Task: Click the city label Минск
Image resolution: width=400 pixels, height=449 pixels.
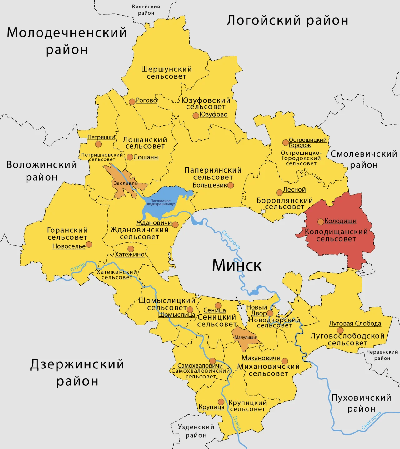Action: [x=237, y=266]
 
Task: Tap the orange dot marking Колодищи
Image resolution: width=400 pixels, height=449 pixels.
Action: [x=321, y=222]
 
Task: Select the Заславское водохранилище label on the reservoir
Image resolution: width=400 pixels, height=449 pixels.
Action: [x=161, y=203]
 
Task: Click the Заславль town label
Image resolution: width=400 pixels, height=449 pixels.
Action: [x=126, y=183]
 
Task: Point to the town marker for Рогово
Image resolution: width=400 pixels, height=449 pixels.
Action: [x=132, y=101]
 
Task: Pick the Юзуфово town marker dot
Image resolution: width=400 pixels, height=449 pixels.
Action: [x=196, y=115]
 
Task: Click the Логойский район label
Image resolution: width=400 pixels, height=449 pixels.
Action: [x=287, y=20]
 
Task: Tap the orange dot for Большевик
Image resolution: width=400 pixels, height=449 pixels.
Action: [x=231, y=185]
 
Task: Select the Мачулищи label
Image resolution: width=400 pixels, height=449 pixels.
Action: [x=245, y=337]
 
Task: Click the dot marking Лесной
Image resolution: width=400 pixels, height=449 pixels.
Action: [x=279, y=193]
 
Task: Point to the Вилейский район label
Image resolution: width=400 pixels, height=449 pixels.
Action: [x=146, y=10]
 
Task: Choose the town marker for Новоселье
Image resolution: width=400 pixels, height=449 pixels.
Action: [x=89, y=244]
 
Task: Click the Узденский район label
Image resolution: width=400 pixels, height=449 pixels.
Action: [x=196, y=431]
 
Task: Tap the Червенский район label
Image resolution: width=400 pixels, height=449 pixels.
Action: [x=382, y=355]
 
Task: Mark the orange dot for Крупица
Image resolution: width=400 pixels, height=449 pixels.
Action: [x=221, y=402]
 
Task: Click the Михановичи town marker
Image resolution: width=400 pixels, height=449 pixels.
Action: [x=284, y=361]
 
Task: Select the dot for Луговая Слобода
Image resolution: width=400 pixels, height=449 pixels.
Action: [x=340, y=330]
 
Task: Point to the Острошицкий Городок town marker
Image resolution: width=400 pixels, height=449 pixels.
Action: [x=285, y=143]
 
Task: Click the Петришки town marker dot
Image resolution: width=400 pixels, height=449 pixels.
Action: [x=98, y=144]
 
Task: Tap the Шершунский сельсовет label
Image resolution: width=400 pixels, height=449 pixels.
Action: [x=166, y=73]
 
